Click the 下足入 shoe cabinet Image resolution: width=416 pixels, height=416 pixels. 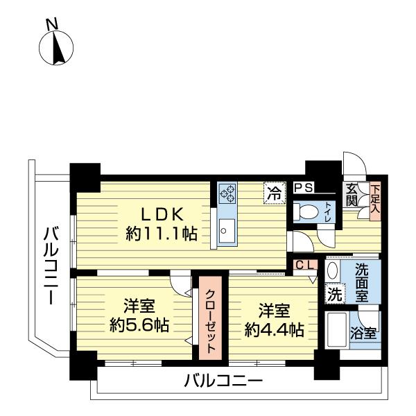pos(374,198)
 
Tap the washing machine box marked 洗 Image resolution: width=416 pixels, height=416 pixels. pos(334,293)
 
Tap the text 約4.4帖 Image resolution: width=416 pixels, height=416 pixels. pos(274,329)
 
